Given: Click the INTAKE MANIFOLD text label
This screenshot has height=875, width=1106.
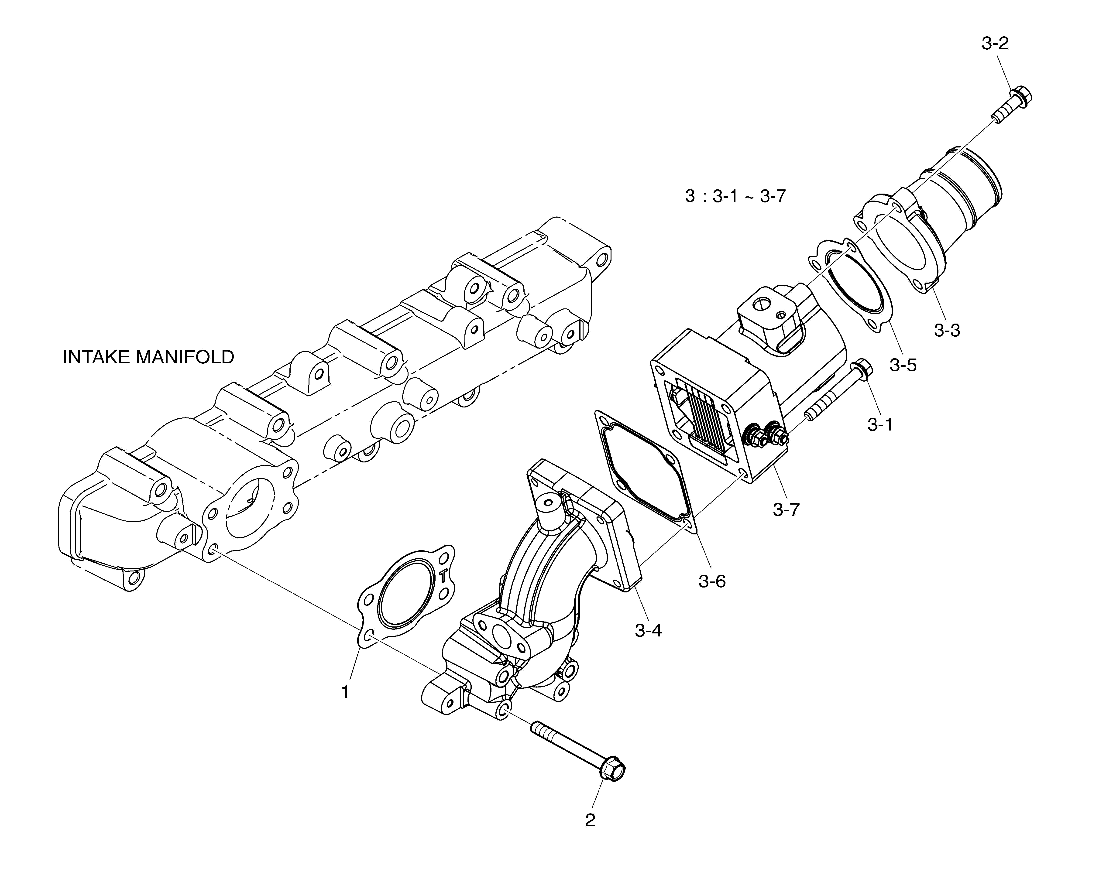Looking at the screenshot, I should (148, 357).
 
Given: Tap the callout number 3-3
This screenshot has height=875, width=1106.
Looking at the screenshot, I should (947, 330).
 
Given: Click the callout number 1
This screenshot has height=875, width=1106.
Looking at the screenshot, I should (345, 692).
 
